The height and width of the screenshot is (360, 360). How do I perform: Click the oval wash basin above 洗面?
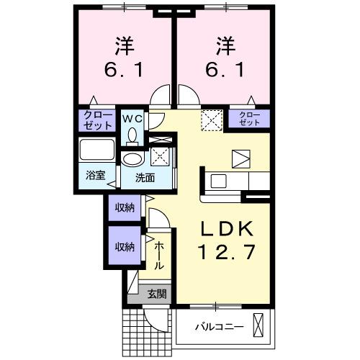131,159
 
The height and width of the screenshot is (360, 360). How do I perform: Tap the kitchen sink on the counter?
219,180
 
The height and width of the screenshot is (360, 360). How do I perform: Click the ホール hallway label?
159,256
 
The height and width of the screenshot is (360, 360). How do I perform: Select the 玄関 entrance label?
157,293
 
